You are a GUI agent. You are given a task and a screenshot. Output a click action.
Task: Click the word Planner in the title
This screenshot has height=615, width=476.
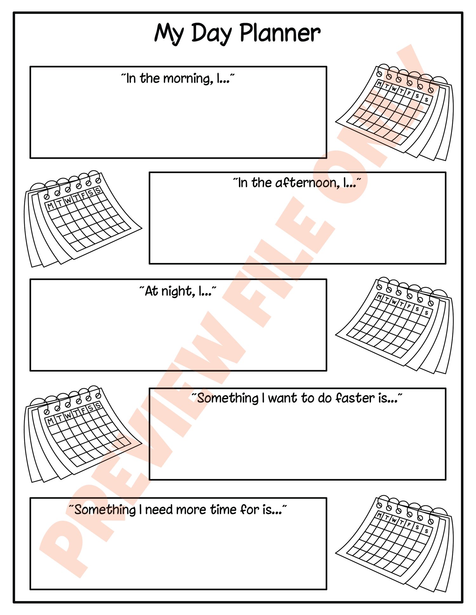pos(280,33)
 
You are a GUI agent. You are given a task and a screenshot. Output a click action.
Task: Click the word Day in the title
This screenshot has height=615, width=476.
pos(211,34)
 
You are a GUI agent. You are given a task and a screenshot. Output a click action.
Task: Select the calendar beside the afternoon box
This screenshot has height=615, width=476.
pos(83,219)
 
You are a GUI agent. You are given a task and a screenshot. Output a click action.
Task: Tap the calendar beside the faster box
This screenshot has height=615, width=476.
pos(83,434)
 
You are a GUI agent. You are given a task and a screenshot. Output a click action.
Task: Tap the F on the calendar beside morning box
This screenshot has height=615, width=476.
pos(409,93)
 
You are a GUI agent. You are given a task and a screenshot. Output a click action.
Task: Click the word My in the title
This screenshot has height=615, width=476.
pos(169,34)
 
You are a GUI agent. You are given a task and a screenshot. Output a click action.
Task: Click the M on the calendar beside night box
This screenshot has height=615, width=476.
pos(379,297)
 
